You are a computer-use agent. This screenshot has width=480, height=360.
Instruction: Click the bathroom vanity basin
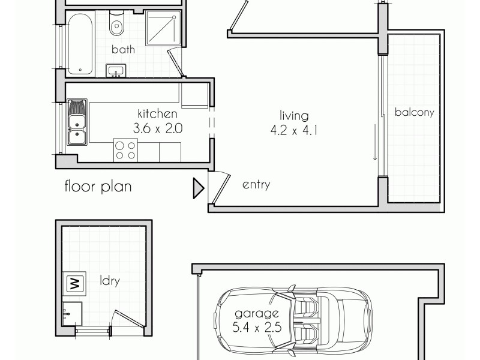(x=116, y=71)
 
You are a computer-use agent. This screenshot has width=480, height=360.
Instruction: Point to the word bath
(x=122, y=50)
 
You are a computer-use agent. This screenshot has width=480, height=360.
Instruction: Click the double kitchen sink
(x=77, y=123)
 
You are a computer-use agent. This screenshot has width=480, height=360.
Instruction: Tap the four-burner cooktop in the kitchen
(x=125, y=149)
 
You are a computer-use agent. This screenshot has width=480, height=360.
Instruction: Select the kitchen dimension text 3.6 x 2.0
(x=158, y=128)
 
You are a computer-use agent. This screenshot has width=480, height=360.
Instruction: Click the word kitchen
(x=157, y=113)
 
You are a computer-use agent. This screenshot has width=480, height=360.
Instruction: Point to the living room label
(x=293, y=116)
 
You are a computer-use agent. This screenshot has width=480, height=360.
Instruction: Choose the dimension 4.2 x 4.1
(x=293, y=130)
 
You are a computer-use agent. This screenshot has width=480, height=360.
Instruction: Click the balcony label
(x=414, y=112)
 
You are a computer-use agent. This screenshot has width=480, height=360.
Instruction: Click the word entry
(x=256, y=185)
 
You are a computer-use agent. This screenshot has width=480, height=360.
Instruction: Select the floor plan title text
(x=98, y=187)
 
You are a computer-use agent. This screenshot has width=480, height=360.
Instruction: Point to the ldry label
(x=109, y=281)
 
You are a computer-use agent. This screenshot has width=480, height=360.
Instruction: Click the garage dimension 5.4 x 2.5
(x=257, y=328)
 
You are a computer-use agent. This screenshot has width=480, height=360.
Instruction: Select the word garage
(x=257, y=313)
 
